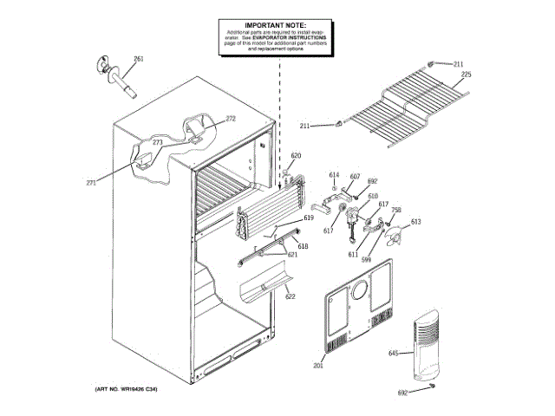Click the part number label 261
click(x=138, y=59)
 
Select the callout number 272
click(x=231, y=118)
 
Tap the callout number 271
click(x=91, y=183)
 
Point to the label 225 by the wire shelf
click(x=466, y=75)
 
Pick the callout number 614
click(x=335, y=176)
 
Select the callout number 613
click(x=415, y=222)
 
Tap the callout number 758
click(x=396, y=210)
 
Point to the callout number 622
click(x=290, y=297)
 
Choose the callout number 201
click(x=317, y=367)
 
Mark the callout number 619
click(x=308, y=219)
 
